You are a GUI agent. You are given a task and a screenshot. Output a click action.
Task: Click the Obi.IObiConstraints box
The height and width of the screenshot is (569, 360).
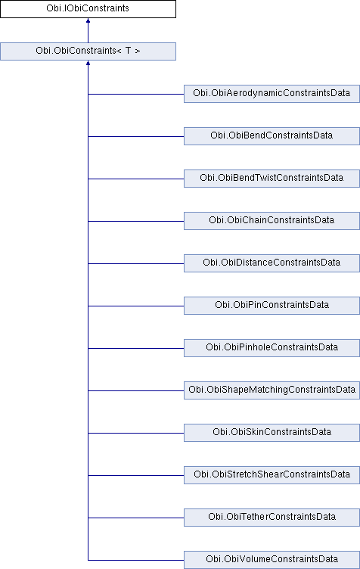pyautogui.click(x=88, y=9)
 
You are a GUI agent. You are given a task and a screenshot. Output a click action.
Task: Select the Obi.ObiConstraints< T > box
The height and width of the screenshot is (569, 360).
pyautogui.click(x=88, y=51)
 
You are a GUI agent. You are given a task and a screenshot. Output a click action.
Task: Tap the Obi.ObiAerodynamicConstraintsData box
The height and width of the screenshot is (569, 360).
pyautogui.click(x=272, y=94)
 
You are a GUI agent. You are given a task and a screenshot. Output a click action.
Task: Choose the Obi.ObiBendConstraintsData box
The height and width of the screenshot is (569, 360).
pyautogui.click(x=272, y=136)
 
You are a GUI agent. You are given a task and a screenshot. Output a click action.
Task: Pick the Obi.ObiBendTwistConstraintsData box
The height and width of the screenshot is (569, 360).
pyautogui.click(x=272, y=178)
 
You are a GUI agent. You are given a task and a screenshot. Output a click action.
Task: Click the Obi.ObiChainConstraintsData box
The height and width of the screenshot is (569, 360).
pyautogui.click(x=272, y=221)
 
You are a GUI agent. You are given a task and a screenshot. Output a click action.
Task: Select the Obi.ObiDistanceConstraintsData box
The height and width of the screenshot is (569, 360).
pyautogui.click(x=272, y=263)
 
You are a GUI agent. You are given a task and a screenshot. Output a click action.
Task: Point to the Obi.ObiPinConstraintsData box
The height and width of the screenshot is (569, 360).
pyautogui.click(x=272, y=306)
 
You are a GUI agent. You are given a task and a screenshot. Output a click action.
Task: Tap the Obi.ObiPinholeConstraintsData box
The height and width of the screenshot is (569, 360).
pyautogui.click(x=272, y=347)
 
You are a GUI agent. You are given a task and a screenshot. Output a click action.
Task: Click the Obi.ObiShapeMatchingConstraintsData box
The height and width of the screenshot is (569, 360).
pyautogui.click(x=272, y=390)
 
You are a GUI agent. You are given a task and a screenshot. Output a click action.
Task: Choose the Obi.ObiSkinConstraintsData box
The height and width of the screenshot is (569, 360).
pyautogui.click(x=272, y=433)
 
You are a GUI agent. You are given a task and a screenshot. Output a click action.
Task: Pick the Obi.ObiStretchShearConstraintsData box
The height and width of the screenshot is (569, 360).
pyautogui.click(x=272, y=475)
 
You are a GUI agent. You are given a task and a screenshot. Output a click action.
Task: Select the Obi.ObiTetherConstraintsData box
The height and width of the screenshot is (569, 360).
pyautogui.click(x=272, y=517)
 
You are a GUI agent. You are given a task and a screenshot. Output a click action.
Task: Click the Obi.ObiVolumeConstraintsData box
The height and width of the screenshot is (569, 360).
pyautogui.click(x=272, y=560)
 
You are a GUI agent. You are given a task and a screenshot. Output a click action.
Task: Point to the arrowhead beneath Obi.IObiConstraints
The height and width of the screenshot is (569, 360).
pyautogui.click(x=88, y=20)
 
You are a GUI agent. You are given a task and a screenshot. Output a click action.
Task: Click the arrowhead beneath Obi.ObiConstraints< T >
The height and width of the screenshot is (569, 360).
pyautogui.click(x=88, y=63)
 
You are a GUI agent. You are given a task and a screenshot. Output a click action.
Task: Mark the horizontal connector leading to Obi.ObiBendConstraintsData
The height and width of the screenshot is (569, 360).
pyautogui.click(x=136, y=136)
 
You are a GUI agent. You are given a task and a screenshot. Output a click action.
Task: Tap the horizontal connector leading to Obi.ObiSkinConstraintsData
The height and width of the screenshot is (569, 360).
pyautogui.click(x=136, y=433)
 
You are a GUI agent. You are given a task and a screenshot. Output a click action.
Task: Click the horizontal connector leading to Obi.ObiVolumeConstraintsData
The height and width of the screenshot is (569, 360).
pyautogui.click(x=136, y=560)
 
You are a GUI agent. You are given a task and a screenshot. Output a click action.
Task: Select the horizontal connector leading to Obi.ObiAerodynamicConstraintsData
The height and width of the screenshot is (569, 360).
pyautogui.click(x=136, y=94)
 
